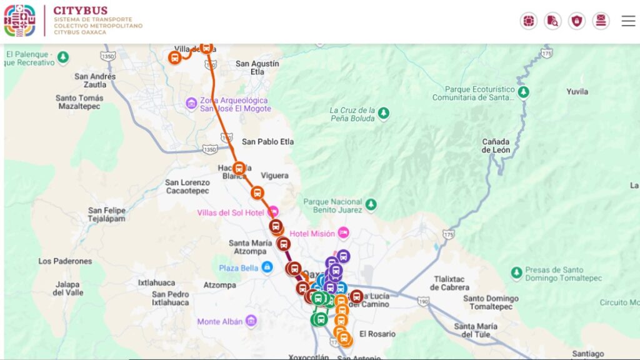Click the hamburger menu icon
coord(628,21)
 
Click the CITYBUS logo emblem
coord(20,21)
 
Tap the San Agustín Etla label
coord(257,67)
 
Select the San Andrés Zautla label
coord(95,81)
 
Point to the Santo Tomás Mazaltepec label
coord(79,102)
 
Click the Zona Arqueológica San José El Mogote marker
coord(192,103)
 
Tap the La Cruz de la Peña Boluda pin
coord(384,113)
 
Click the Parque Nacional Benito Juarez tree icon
coord(371,205)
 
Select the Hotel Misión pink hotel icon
coord(343,233)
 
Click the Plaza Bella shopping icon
coord(267,267)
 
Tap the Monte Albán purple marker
coord(251,321)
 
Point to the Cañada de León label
coord(496,146)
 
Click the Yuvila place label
coord(577,91)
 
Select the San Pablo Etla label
coord(267,141)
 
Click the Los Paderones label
coord(65,261)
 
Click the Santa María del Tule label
coord(476,330)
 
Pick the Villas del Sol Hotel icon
coord(273,212)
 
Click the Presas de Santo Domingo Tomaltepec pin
coord(516,273)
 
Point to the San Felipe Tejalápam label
coord(106,214)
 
